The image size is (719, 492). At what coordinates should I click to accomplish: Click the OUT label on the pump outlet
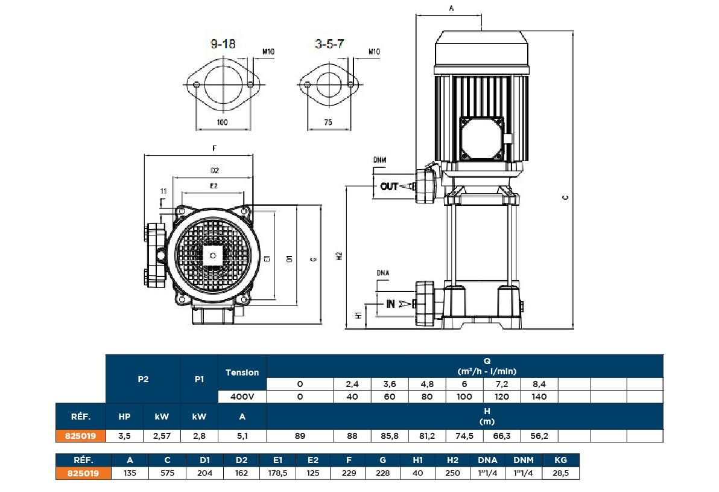point(389,187)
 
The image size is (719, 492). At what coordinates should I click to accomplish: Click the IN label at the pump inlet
point(390,304)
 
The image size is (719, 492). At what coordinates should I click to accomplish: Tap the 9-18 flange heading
point(223,44)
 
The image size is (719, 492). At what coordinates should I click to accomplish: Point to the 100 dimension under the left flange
point(223,122)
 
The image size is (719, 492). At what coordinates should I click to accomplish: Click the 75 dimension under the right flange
point(328,122)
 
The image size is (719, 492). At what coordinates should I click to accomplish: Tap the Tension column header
point(242,372)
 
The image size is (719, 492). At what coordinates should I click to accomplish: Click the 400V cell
point(242,397)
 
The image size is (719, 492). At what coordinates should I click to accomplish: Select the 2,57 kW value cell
point(162,435)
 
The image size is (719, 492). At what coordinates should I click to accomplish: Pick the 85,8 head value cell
point(390,435)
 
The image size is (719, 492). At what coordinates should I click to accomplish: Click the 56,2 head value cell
point(539,435)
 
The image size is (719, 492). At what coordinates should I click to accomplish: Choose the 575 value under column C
point(167,473)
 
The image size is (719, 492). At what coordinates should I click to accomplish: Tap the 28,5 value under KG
point(561,473)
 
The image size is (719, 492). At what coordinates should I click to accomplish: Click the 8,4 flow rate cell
point(539,384)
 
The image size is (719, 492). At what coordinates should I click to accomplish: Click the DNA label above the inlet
point(382,272)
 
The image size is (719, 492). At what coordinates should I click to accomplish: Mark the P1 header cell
point(199,379)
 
